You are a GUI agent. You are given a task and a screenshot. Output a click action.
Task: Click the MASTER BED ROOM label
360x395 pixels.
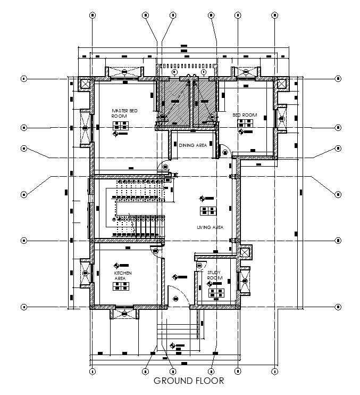(x=124, y=113)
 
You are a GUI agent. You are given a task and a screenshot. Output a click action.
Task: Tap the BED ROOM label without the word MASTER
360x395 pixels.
(x=245, y=115)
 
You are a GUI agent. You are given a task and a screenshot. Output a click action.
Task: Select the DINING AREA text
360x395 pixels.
(x=193, y=145)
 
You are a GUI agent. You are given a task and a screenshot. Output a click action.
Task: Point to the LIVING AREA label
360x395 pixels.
(x=210, y=227)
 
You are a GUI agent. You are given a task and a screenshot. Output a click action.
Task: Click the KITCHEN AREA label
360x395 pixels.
(x=123, y=275)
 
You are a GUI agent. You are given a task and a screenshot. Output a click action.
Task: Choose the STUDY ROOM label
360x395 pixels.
(x=214, y=275)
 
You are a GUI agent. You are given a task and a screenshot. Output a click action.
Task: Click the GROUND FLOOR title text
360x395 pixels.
(x=188, y=381)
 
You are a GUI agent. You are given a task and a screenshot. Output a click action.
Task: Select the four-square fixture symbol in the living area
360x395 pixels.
(x=207, y=210)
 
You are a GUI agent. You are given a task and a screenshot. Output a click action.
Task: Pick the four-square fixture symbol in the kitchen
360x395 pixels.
(x=121, y=286)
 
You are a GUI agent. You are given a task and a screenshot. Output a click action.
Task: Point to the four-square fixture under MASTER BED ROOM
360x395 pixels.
(x=121, y=126)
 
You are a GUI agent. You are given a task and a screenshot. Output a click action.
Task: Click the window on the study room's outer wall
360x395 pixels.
(x=245, y=279)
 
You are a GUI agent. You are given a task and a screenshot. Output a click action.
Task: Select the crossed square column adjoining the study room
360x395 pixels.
(x=245, y=253)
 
